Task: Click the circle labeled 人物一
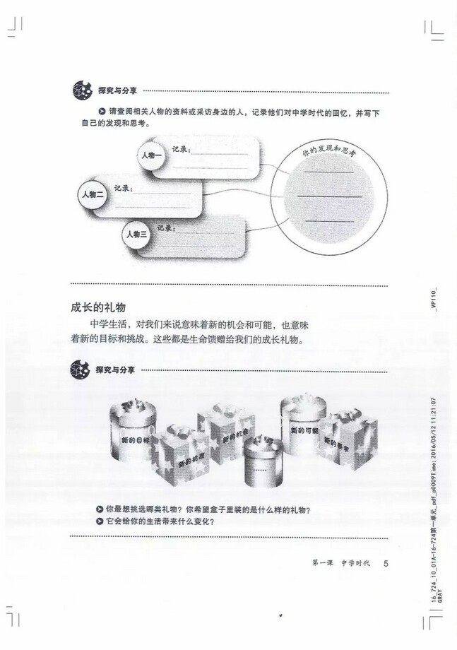(151, 155)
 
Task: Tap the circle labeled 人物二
(93, 194)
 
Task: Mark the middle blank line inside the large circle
(329, 196)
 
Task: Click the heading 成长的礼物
(98, 307)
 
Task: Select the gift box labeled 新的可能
(304, 427)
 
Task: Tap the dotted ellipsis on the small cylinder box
(260, 470)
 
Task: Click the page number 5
(386, 563)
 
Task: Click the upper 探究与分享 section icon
(81, 91)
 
